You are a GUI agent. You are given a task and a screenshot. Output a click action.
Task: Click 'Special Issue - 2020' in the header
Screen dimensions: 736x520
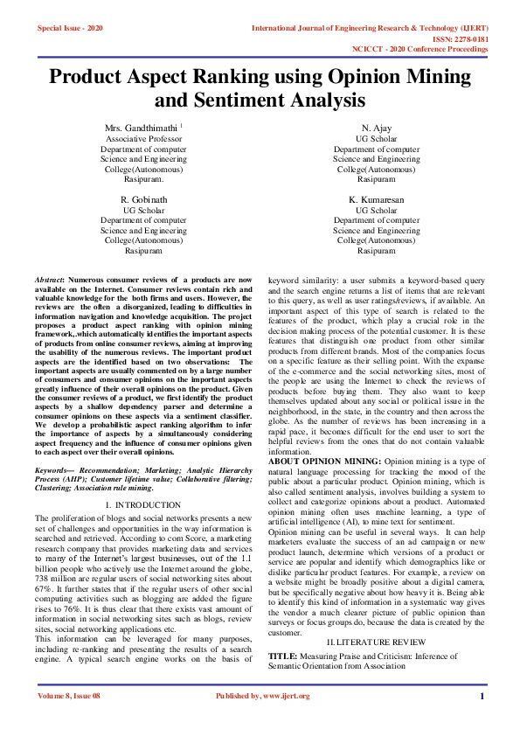(x=70, y=28)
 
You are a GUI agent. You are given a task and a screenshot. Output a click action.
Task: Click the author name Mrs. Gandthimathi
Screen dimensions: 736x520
(x=142, y=128)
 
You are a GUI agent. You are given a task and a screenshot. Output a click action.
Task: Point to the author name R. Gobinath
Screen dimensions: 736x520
(x=143, y=200)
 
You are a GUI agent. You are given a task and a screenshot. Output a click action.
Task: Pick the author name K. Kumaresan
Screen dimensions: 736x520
(x=376, y=200)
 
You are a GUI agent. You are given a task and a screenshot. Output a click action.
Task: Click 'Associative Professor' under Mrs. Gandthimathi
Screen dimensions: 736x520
(x=143, y=139)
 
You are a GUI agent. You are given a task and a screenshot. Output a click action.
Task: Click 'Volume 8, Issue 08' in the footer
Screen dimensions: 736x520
(x=69, y=719)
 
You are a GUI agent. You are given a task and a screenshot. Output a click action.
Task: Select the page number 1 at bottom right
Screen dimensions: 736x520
(x=482, y=719)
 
